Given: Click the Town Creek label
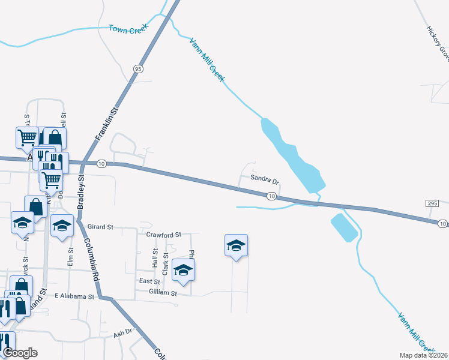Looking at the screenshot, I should click(127, 28).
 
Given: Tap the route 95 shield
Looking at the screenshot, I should click(139, 69).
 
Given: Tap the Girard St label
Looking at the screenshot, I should click(100, 227).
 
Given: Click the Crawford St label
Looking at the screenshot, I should click(163, 235).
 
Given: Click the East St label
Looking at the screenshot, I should click(149, 281).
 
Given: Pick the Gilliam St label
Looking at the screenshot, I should click(163, 293).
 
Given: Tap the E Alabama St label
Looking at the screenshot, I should click(74, 296).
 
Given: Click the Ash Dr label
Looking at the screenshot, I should click(122, 331).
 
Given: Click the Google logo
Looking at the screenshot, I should click(20, 352).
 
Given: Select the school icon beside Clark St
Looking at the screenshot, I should click(184, 270).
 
